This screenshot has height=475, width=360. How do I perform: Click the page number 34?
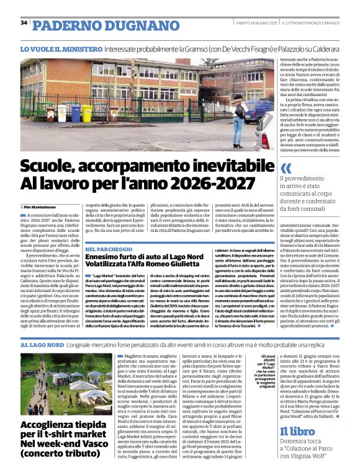pyautogui.click(x=24, y=23)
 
